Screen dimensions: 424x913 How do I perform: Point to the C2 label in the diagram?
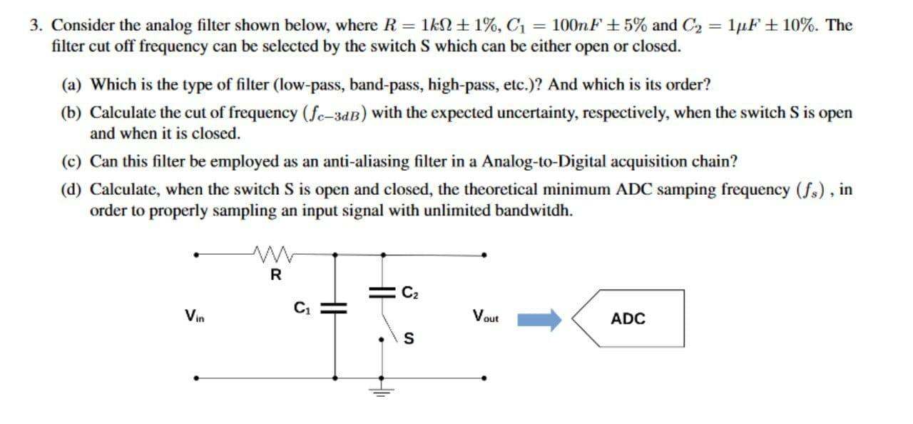[410, 291]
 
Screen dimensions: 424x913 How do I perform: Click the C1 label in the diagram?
[301, 308]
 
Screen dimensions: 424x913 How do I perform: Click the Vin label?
[192, 314]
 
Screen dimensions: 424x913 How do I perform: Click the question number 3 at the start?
[35, 26]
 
